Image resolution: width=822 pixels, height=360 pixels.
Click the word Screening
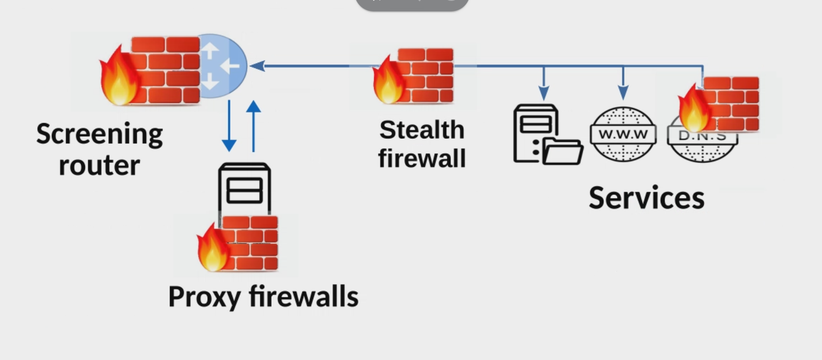(99, 134)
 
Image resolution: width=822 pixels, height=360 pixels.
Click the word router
(99, 166)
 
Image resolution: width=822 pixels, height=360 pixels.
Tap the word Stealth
(422, 130)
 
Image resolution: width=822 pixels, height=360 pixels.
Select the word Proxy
(204, 297)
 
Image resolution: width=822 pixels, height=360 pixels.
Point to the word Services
(646, 198)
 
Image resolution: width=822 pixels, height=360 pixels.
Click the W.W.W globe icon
(623, 134)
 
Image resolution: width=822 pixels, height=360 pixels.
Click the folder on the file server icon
(563, 152)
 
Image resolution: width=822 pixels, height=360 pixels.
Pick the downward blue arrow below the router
(229, 127)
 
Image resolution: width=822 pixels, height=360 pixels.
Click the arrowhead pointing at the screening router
(257, 66)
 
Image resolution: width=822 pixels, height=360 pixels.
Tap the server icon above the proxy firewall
(244, 188)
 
